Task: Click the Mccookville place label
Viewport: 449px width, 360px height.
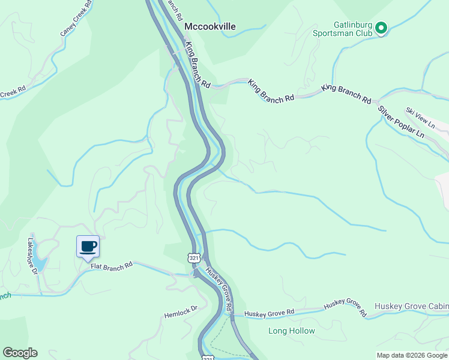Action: click(210, 26)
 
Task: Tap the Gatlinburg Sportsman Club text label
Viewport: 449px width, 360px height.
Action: click(354, 29)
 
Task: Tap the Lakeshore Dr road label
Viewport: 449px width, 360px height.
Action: click(31, 255)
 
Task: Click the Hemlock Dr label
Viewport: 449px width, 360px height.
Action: click(181, 314)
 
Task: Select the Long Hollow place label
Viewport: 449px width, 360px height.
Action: click(291, 331)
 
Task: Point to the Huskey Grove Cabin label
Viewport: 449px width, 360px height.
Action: click(411, 306)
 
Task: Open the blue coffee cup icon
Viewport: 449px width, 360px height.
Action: click(88, 246)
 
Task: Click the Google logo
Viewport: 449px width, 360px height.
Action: click(20, 353)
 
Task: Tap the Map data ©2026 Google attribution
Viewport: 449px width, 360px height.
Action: click(412, 355)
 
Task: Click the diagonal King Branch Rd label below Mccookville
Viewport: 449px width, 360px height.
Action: click(198, 64)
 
